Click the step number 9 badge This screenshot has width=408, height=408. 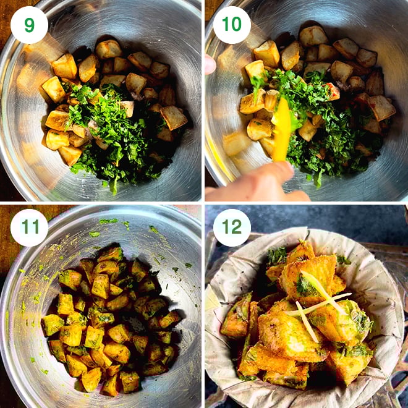(x=29, y=25)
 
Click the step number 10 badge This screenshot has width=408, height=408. (x=232, y=25)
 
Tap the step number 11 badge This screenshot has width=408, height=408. (x=29, y=227)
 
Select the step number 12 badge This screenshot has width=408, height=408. (x=232, y=227)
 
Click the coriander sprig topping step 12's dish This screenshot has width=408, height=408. (x=276, y=255)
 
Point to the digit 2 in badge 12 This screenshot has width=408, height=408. (x=237, y=227)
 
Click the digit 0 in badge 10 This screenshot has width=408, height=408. (x=237, y=25)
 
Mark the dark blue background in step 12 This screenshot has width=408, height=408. (x=371, y=216)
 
